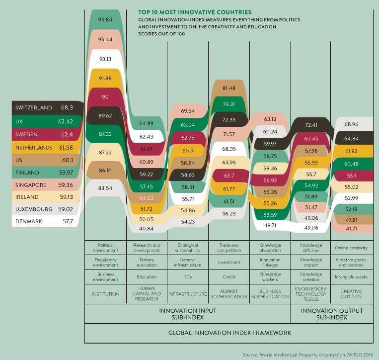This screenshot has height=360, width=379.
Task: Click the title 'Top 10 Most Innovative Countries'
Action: pyautogui.click(x=195, y=11)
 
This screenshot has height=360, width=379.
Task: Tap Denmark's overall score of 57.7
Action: pyautogui.click(x=67, y=221)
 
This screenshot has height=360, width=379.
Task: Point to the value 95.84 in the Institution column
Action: pyautogui.click(x=105, y=19)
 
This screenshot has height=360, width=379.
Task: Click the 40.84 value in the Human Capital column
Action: pyautogui.click(x=147, y=228)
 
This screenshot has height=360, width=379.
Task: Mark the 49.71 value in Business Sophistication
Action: pyautogui.click(x=270, y=225)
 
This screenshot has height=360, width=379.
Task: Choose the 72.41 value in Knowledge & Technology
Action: pyautogui.click(x=311, y=124)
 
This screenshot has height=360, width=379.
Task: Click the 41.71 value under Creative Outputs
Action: pyautogui.click(x=352, y=228)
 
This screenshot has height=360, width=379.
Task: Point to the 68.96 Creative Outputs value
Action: pyautogui.click(x=352, y=124)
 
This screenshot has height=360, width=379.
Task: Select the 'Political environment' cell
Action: pyautogui.click(x=105, y=248)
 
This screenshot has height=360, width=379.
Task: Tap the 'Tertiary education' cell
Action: pyautogui.click(x=147, y=262)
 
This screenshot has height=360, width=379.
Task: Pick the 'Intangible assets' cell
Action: pyautogui.click(x=352, y=276)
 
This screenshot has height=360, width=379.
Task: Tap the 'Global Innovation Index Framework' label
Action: pyautogui.click(x=229, y=332)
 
